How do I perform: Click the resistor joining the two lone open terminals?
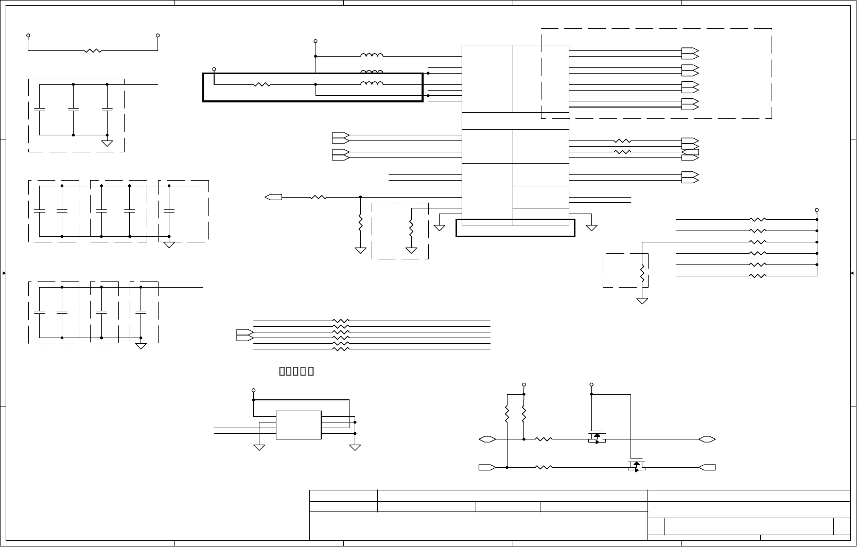tap(93, 51)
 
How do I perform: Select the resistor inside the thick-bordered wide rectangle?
tap(262, 85)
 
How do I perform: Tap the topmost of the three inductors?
tap(372, 56)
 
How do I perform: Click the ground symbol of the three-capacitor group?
tap(107, 143)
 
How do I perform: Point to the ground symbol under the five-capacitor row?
tap(169, 244)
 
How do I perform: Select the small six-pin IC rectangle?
tap(299, 425)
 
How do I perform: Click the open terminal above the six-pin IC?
tap(253, 390)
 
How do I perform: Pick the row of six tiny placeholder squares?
tap(296, 371)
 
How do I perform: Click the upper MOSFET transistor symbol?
tap(597, 438)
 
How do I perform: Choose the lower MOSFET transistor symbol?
tap(637, 466)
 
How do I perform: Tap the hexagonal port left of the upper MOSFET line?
tap(487, 439)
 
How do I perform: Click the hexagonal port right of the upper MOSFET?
tap(708, 439)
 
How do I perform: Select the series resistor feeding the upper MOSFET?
tap(544, 439)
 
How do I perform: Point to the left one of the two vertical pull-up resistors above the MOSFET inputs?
tap(507, 414)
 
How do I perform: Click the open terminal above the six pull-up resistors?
tap(817, 210)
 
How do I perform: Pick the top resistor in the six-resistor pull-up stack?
tap(758, 220)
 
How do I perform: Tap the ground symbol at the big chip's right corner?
tap(591, 227)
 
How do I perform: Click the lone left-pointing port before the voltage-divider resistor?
tap(273, 197)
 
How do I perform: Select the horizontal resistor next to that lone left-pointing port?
tap(319, 197)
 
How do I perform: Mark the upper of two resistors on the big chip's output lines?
tap(623, 141)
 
